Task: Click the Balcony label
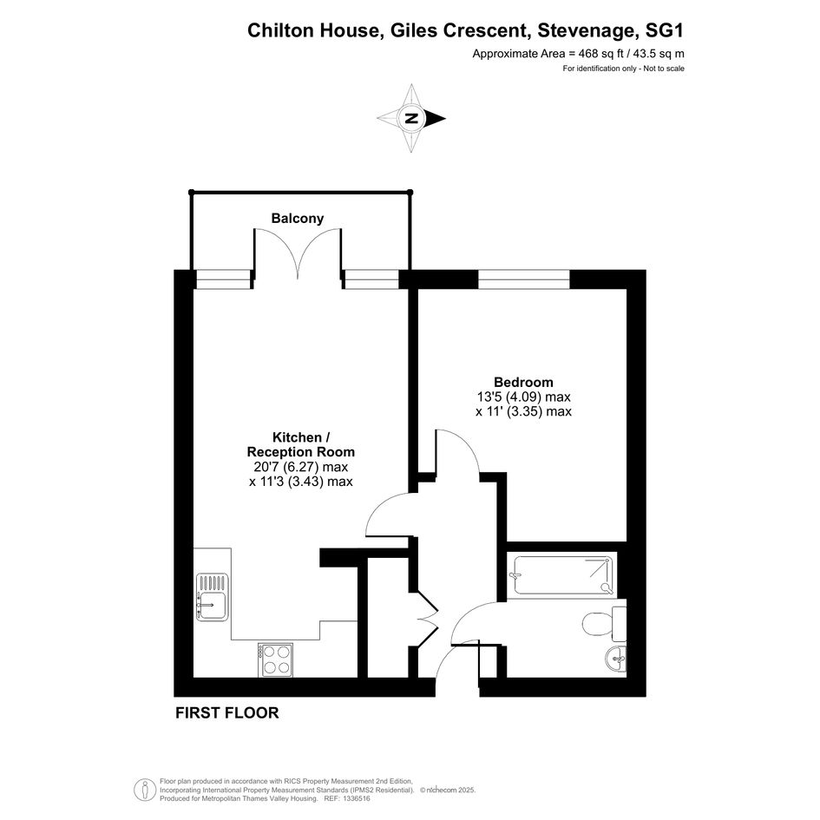point(297,218)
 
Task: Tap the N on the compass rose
point(411,118)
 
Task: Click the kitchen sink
point(212,597)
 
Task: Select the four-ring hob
point(275,660)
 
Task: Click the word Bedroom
point(523,383)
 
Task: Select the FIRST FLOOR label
point(227,712)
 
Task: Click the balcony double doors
point(298,253)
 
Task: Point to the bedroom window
point(523,279)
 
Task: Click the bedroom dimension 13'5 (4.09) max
point(523,397)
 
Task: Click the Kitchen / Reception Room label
point(301,444)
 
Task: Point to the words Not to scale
point(664,69)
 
